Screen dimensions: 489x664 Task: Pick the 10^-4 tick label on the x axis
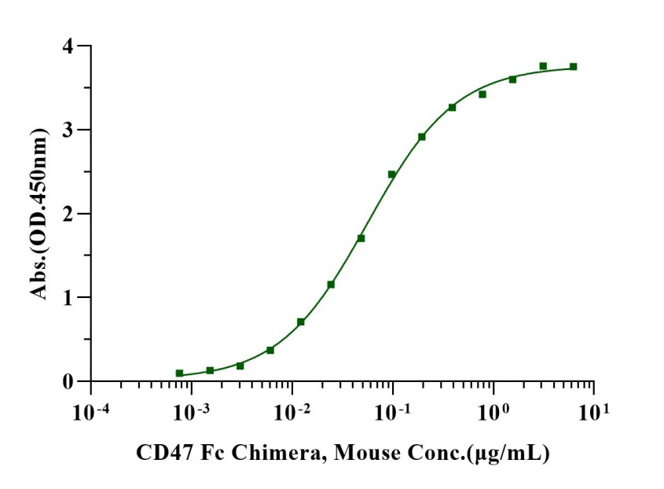point(91,411)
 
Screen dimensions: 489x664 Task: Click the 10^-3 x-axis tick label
point(191,411)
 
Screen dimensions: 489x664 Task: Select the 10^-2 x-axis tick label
point(292,411)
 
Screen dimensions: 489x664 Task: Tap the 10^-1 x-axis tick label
point(392,411)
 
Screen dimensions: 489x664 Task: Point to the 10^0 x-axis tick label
point(493,411)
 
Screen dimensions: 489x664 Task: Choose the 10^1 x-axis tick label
point(594,411)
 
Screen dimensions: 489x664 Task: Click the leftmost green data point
point(179,373)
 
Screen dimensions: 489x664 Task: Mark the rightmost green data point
point(573,67)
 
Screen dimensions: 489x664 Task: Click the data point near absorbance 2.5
point(391,175)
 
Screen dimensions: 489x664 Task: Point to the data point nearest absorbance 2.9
point(422,137)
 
